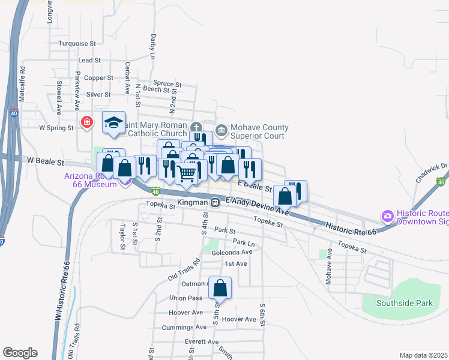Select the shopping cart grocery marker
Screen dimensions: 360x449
point(187,173)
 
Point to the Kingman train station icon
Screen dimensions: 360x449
point(214,203)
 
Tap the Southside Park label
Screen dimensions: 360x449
point(404,303)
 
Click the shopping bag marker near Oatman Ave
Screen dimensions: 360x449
point(220,289)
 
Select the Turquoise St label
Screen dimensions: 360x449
point(77,44)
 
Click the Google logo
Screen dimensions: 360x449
point(20,353)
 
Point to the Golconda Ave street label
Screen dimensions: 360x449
point(231,252)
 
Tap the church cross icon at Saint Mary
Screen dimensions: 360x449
point(196,127)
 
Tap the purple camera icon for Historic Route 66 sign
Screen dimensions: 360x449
point(387,215)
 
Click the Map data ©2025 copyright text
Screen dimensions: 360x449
point(423,355)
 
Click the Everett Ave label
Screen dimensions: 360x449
point(202,342)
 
